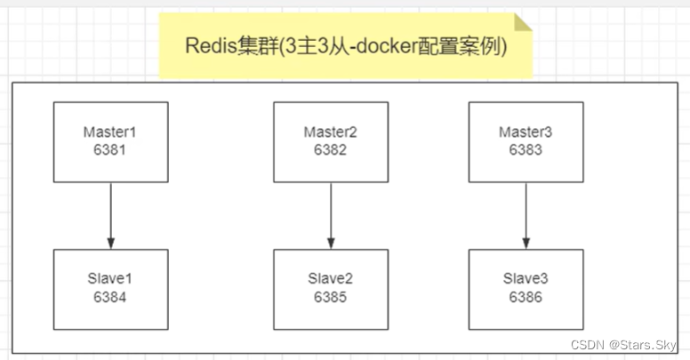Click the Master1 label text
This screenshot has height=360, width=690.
point(110,132)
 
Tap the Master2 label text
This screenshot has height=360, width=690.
point(330,132)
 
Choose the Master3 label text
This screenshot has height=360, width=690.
point(525,132)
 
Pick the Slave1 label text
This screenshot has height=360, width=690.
point(110,279)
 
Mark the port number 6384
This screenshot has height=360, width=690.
point(110,297)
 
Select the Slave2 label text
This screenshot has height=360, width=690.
point(330,279)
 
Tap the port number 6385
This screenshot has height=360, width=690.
point(330,297)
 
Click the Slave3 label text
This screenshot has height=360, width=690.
point(525,279)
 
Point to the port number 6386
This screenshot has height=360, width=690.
point(525,297)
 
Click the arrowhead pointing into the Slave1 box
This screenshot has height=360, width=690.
point(110,243)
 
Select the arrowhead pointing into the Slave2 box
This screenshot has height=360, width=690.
point(330,243)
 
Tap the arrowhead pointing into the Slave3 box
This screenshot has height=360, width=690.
point(525,243)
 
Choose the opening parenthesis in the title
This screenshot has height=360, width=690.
point(278,48)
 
